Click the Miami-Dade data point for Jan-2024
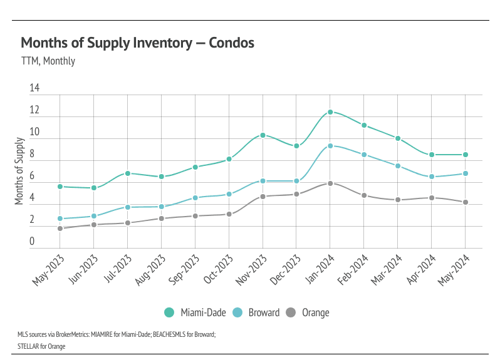pyautogui.click(x=330, y=112)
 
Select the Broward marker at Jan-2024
pyautogui.click(x=330, y=146)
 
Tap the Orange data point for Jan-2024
pyautogui.click(x=330, y=183)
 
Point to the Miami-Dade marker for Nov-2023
pyautogui.click(x=263, y=135)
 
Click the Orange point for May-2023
pyautogui.click(x=60, y=229)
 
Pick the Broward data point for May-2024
pyautogui.click(x=465, y=173)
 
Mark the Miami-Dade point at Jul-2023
pyautogui.click(x=128, y=173)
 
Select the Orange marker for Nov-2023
pyautogui.click(x=263, y=197)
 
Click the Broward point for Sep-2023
pyautogui.click(x=195, y=198)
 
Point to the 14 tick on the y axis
pyautogui.click(x=34, y=89)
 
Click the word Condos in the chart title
pyautogui.click(x=230, y=43)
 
